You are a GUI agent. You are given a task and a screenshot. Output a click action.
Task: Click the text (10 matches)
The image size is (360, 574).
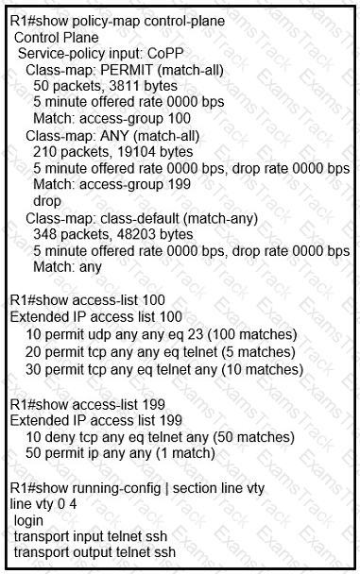click(261, 369)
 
